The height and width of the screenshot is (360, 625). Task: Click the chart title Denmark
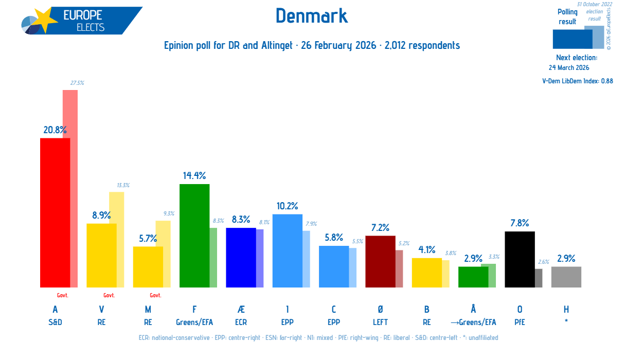pyautogui.click(x=312, y=16)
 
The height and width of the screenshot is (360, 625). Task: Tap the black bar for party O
pyautogui.click(x=520, y=259)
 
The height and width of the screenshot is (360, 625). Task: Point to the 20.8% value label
pyautogui.click(x=55, y=130)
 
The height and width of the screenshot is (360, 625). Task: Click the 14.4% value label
pyautogui.click(x=194, y=176)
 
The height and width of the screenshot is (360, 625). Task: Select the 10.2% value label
pyautogui.click(x=287, y=206)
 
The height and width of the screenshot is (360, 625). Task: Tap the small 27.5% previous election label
pyautogui.click(x=77, y=83)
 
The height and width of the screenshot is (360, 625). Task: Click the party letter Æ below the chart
pyautogui.click(x=241, y=310)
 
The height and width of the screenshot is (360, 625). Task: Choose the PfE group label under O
pyautogui.click(x=520, y=322)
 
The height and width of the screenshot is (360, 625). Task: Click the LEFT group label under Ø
pyautogui.click(x=380, y=322)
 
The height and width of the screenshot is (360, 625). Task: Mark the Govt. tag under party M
pyautogui.click(x=155, y=296)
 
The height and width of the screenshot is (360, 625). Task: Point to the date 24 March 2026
pyautogui.click(x=569, y=67)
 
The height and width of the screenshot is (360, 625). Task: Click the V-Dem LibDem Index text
pyautogui.click(x=577, y=81)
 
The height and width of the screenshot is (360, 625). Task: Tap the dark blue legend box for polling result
pyautogui.click(x=572, y=39)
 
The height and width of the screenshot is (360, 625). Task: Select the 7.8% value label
pyautogui.click(x=520, y=223)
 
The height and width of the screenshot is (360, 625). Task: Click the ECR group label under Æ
pyautogui.click(x=241, y=322)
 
